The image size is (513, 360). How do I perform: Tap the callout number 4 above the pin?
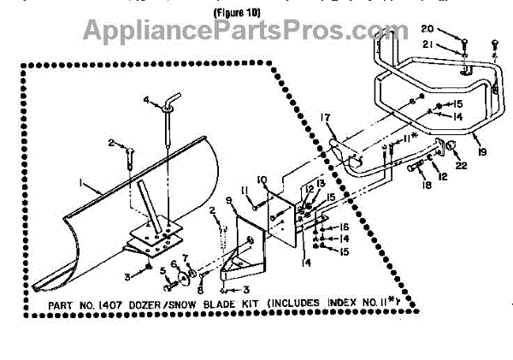pyautogui.click(x=146, y=101)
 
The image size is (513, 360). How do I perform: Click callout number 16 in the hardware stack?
pyautogui.click(x=342, y=227)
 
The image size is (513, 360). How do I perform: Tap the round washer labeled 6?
pyautogui.click(x=183, y=276)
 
